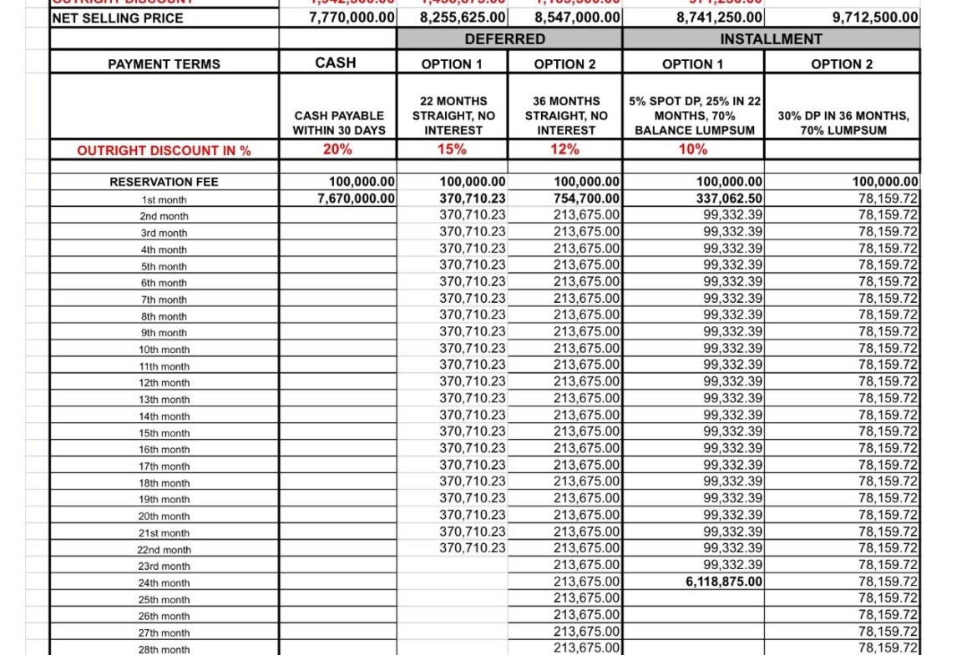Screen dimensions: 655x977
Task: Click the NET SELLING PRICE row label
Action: point(117,18)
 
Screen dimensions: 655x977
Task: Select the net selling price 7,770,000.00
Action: point(352,18)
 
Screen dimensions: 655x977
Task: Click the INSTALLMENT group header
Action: point(771,39)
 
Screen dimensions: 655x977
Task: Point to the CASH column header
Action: point(336,63)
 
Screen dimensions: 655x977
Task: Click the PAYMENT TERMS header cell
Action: point(165,64)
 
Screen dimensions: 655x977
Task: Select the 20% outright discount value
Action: point(338,149)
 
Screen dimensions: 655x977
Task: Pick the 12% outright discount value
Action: point(564,149)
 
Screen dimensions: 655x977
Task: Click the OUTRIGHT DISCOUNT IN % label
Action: point(165,151)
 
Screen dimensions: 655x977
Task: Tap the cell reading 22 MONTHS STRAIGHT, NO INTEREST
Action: point(452,115)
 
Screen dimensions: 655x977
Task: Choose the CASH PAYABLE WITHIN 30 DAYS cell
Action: point(338,123)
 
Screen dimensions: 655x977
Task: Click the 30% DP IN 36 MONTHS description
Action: point(843,123)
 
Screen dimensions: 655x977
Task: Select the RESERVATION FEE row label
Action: point(165,182)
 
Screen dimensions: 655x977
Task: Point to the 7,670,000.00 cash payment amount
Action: point(352,199)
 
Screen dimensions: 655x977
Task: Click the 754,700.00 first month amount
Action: point(586,199)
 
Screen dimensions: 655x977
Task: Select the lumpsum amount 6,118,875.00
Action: point(724,582)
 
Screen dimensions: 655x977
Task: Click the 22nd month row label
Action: point(165,550)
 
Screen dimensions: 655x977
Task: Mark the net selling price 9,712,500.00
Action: point(876,18)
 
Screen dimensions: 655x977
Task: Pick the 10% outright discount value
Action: point(693,149)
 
